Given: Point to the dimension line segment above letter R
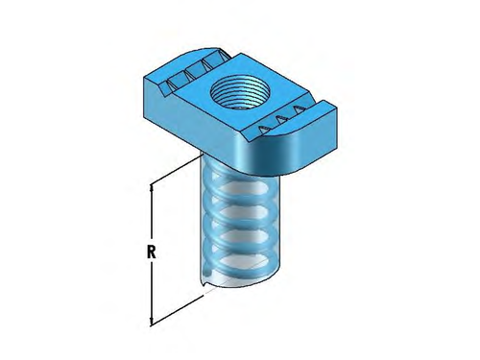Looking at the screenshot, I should (150, 216).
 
